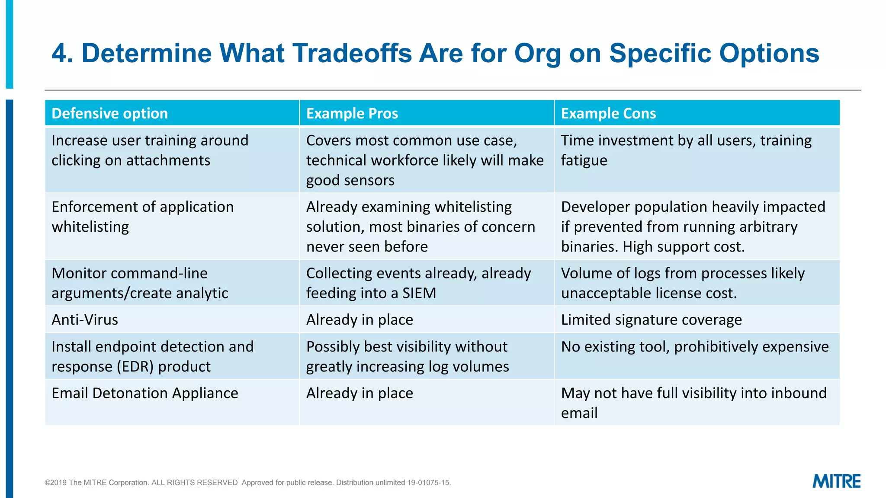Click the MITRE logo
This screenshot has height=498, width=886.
coord(836,481)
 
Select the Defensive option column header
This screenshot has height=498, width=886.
coord(109,113)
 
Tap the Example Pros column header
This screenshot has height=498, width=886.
coord(352,113)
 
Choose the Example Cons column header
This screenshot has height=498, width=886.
coord(608,113)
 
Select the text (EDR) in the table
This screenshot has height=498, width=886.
coord(135,367)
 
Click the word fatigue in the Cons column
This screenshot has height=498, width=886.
coord(584,160)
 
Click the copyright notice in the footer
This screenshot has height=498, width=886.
coord(247,482)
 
